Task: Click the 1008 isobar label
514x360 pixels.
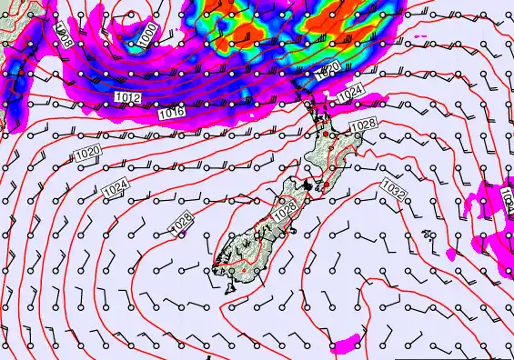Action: pos(63,37)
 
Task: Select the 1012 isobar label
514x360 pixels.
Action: pos(127,95)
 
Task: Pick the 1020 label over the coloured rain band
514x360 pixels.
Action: pos(329,70)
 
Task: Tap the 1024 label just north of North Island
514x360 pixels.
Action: pos(350,95)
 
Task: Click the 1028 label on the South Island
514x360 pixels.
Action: pos(284,208)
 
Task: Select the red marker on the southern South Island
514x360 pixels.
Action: pos(244,270)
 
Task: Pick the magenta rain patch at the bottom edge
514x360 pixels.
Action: pos(345,345)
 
